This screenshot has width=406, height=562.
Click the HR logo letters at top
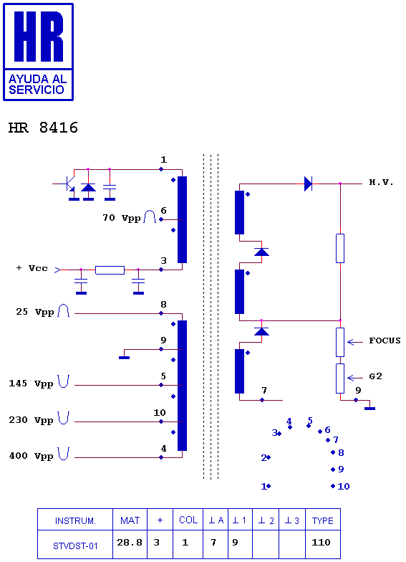pos(39,37)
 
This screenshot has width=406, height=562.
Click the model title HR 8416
pos(43,128)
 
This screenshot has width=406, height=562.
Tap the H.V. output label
pos(381,182)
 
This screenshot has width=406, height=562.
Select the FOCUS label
pos(385,340)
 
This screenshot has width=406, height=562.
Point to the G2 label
pos(375,376)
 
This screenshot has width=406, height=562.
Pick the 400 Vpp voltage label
pos(32,456)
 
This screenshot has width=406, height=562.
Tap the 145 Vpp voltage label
pos(32,384)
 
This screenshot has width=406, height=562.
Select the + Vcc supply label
pos(32,268)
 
